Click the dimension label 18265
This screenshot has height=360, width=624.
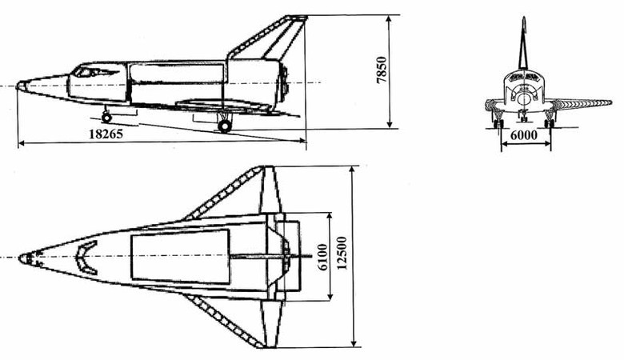[106, 134]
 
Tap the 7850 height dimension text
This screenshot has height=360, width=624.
[382, 70]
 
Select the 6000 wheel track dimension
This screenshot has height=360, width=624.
[524, 135]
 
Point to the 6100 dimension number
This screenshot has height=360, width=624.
[323, 257]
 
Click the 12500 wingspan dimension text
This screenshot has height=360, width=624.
[342, 253]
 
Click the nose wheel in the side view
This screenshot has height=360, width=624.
[106, 118]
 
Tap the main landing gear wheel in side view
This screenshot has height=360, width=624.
[225, 126]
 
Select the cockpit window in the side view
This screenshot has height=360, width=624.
[84, 72]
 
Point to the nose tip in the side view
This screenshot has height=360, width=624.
[18, 86]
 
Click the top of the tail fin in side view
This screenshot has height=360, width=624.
[298, 17]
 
